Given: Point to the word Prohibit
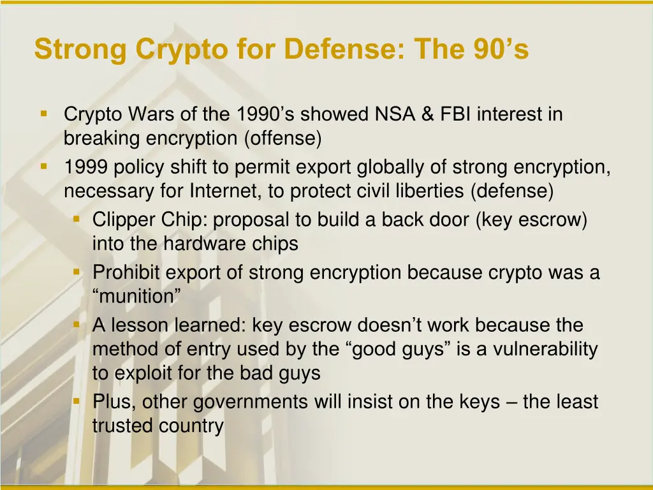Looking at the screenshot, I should pyautogui.click(x=126, y=273).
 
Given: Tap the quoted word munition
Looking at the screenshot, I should pyautogui.click(x=136, y=296).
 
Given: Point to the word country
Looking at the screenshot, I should pyautogui.click(x=191, y=426).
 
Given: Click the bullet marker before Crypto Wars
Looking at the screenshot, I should pyautogui.click(x=44, y=114).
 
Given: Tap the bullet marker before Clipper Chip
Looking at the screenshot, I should pyautogui.click(x=77, y=219).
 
